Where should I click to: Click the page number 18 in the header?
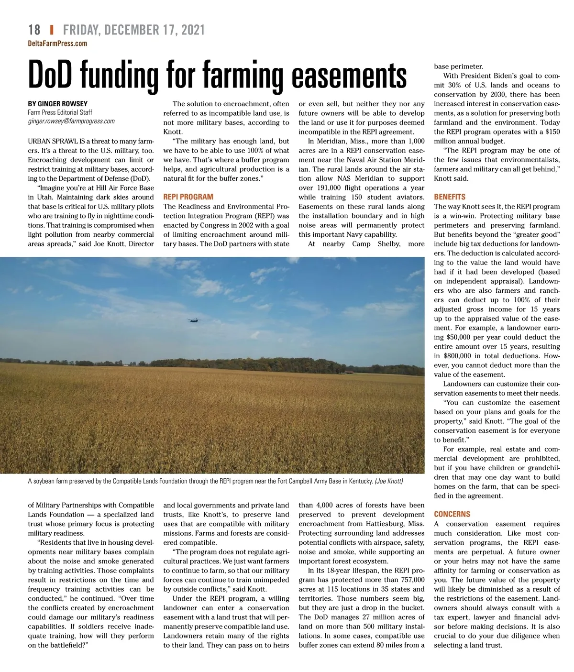tap(34, 30)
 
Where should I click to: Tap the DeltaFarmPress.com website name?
tap(57, 44)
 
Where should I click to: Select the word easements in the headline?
tap(349, 76)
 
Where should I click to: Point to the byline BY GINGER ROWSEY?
tap(57, 104)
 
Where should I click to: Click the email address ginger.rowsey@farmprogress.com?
tap(71, 121)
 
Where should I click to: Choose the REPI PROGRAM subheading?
tap(188, 197)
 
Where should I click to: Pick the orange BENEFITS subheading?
tap(449, 197)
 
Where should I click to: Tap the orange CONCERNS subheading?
tap(452, 514)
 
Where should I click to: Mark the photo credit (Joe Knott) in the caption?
tap(389, 481)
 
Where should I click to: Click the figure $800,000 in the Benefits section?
tap(457, 356)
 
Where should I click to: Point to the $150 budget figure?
tap(552, 132)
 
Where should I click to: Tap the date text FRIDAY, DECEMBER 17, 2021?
tap(133, 30)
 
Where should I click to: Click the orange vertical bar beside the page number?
tap(51, 30)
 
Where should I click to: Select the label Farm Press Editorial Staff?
tap(60, 112)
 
